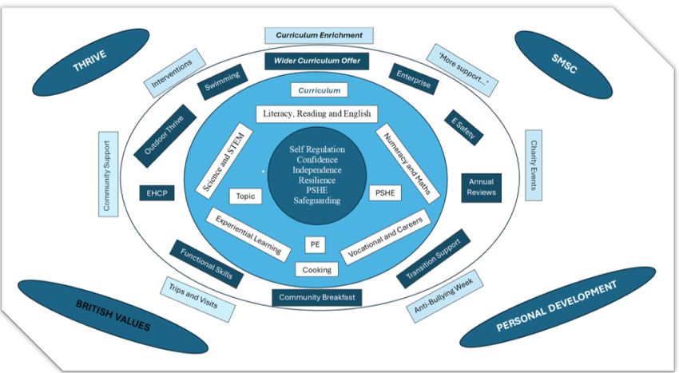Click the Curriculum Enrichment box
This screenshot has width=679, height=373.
click(x=319, y=35)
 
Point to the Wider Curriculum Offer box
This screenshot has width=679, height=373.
click(x=318, y=61)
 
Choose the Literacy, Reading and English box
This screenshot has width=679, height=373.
click(x=316, y=113)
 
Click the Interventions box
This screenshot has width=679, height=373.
click(x=171, y=73)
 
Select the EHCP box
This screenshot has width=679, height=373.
click(x=155, y=192)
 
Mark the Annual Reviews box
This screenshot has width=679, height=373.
click(x=482, y=187)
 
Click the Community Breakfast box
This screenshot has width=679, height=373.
click(x=317, y=297)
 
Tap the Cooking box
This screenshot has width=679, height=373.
click(x=316, y=270)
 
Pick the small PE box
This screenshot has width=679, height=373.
click(x=316, y=245)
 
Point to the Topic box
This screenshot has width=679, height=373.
click(x=241, y=195)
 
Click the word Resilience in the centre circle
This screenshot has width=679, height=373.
click(x=317, y=181)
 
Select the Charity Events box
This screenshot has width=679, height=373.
click(x=534, y=165)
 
